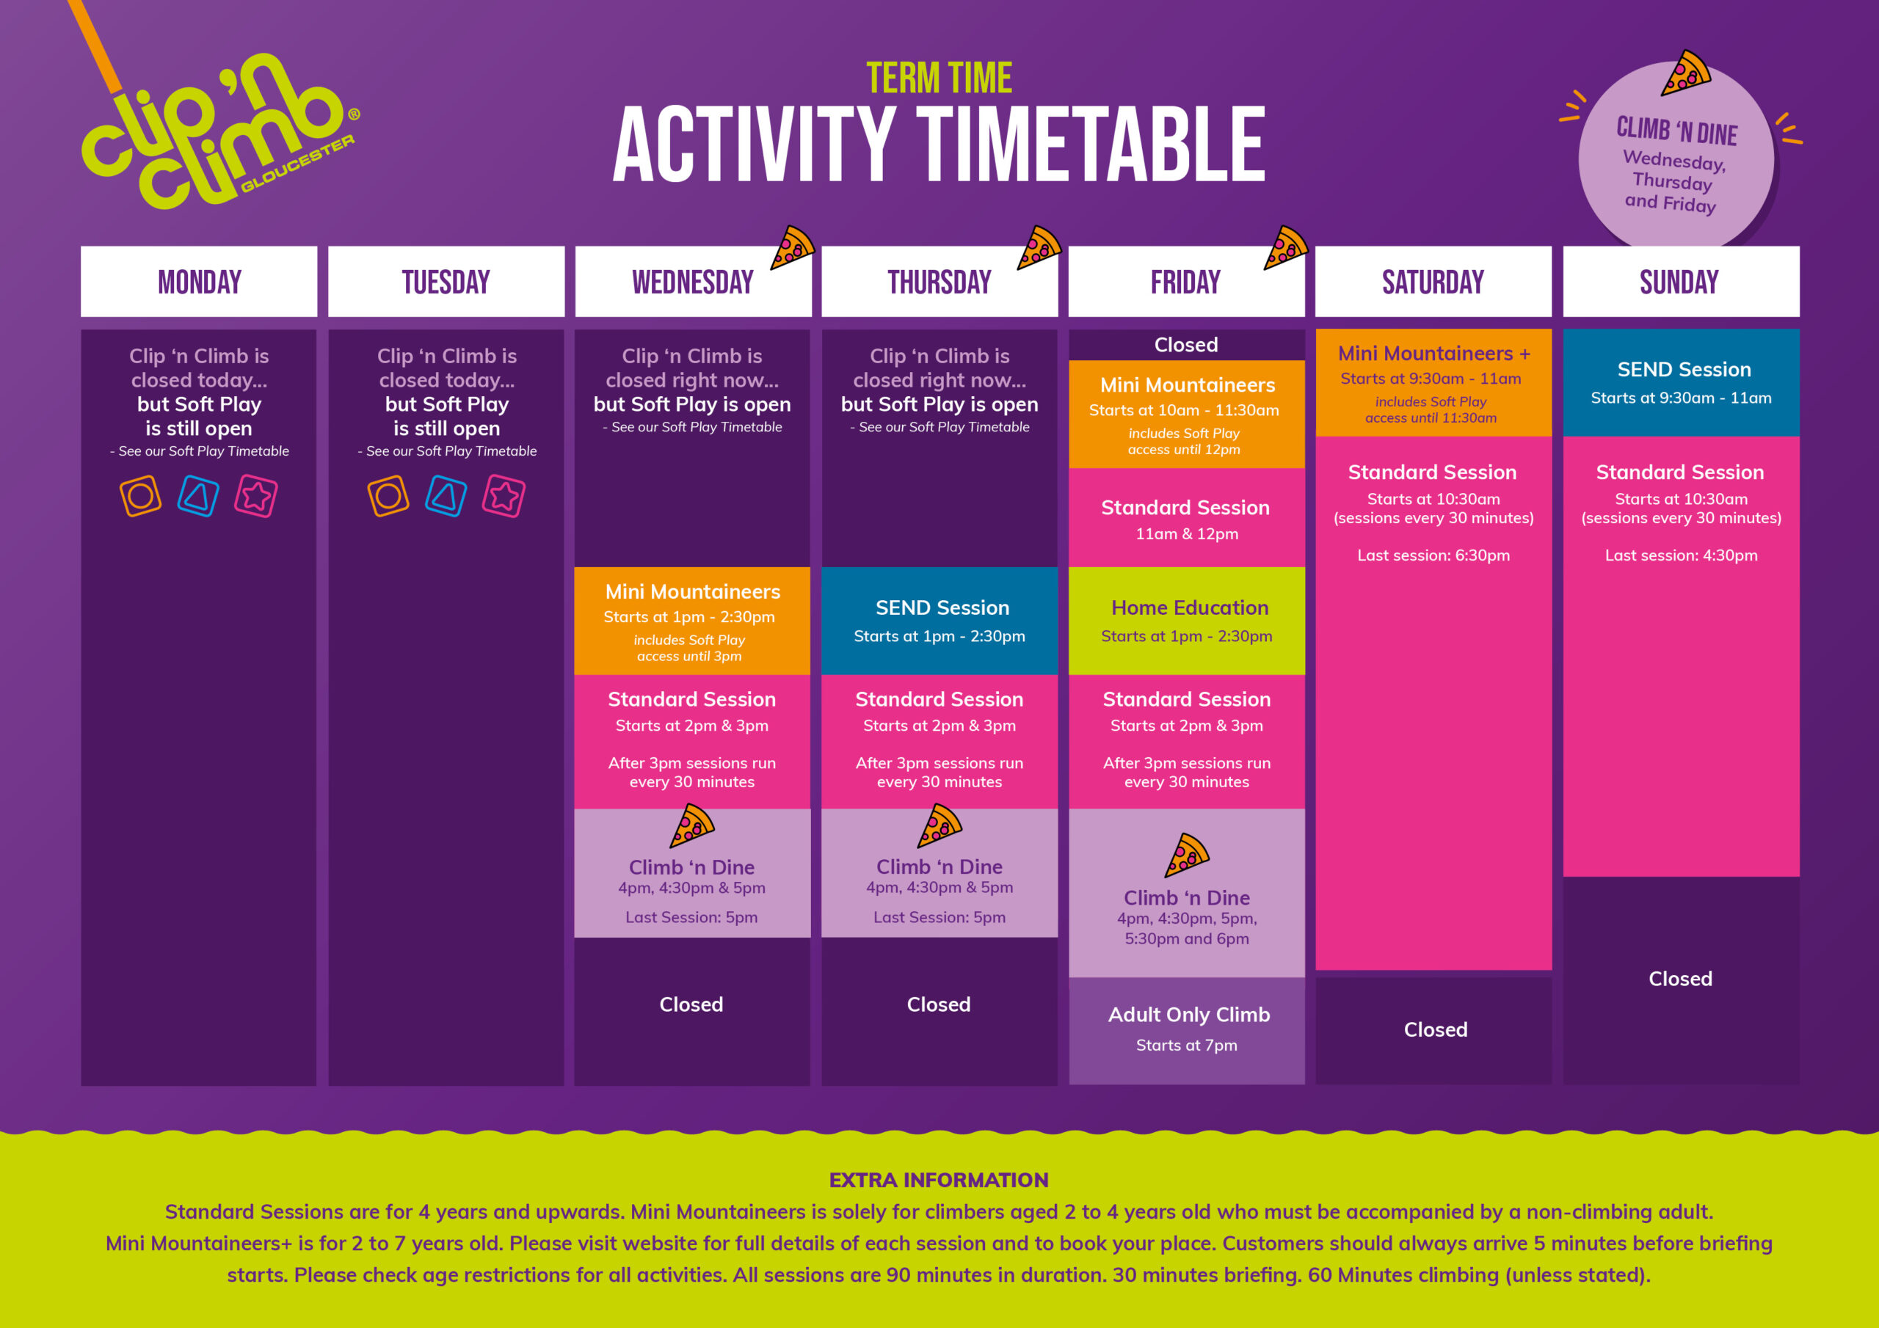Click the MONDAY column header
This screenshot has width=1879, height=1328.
199,282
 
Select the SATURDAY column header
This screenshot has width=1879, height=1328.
1433,282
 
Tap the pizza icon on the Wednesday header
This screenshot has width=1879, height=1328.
792,247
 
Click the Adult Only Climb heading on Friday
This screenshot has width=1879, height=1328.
1188,1015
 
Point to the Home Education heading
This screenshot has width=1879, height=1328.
1190,608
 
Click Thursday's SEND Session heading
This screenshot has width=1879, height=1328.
942,608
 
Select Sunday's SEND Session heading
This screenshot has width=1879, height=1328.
1684,370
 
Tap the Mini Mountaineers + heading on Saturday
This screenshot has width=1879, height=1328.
1433,354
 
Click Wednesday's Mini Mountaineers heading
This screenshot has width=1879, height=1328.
692,591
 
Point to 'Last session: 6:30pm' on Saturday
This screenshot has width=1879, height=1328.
1433,555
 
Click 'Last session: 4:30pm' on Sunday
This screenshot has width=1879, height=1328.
1681,555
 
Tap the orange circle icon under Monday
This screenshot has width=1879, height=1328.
141,496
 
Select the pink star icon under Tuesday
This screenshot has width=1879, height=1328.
504,496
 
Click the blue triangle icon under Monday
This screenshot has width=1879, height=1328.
198,496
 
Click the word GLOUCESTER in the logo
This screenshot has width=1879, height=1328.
298,164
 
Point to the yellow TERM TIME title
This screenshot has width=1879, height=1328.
939,79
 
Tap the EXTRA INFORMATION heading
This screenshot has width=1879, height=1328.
939,1180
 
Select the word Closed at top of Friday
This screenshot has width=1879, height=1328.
1186,346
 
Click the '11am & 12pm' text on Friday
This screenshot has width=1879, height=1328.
1187,534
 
